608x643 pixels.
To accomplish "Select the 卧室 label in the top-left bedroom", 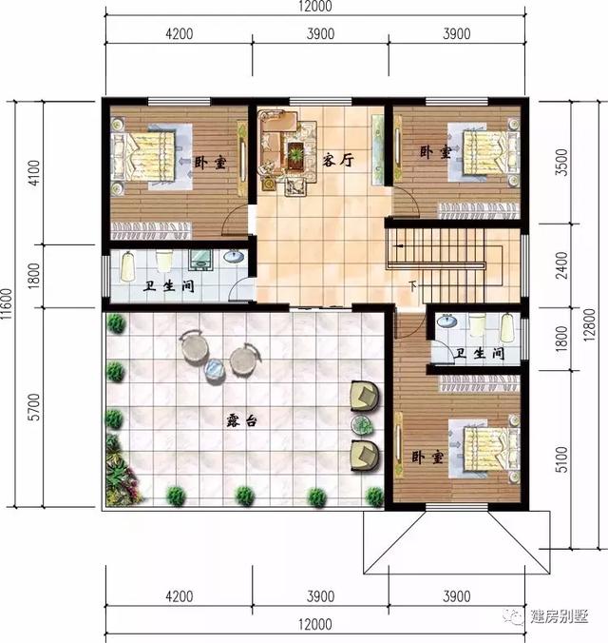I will pos(212,163).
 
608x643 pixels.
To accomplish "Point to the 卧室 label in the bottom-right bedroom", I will pos(427,457).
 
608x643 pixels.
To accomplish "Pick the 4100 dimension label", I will pos(34,171).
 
